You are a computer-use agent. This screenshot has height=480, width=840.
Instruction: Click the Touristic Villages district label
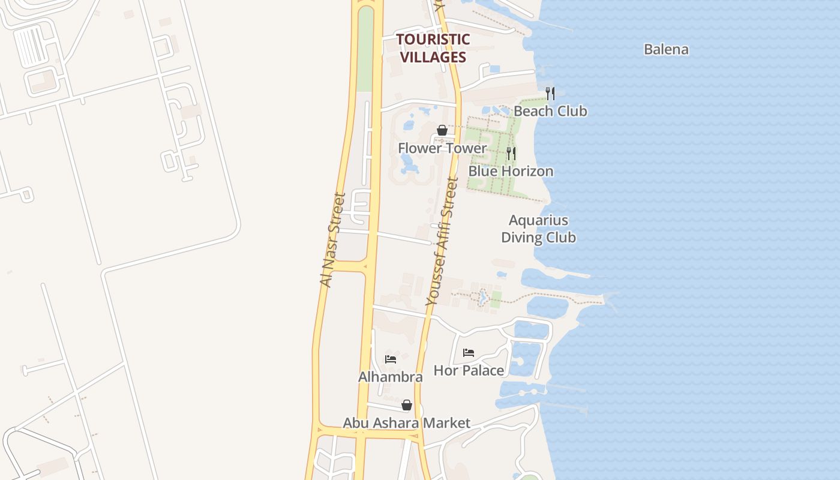(x=433, y=48)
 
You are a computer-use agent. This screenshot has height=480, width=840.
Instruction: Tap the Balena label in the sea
(x=666, y=49)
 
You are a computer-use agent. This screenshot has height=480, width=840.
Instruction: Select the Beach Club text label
(x=550, y=111)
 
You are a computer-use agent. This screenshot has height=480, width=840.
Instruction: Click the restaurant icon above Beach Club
(x=550, y=93)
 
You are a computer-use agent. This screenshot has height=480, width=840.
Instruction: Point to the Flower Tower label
(x=442, y=148)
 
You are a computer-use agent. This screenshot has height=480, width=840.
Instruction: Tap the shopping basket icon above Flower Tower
(x=442, y=130)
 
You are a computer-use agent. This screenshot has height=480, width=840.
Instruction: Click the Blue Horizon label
(x=511, y=171)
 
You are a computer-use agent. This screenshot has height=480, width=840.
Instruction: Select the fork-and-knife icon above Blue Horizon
(x=511, y=153)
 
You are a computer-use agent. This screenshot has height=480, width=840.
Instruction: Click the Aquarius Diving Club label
(x=538, y=229)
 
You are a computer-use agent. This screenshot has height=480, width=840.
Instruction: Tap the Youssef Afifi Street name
(x=442, y=242)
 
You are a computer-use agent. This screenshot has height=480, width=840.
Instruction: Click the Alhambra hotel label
(x=390, y=377)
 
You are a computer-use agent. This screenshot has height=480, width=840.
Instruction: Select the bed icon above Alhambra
(x=391, y=359)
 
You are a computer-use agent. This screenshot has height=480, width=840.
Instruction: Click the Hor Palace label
(x=469, y=370)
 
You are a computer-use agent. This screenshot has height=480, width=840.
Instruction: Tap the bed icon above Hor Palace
(x=469, y=353)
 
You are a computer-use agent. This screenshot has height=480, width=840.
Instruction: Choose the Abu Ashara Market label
(x=406, y=423)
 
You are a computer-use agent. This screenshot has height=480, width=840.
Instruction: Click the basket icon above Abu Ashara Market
(x=407, y=405)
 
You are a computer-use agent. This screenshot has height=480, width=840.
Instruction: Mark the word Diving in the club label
(x=521, y=238)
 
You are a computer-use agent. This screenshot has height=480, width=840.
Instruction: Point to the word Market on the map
(x=446, y=423)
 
